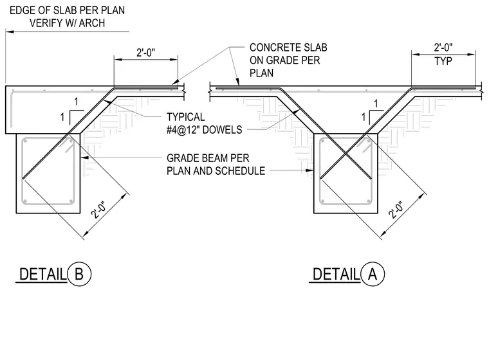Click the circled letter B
pos(79,274)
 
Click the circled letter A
pos(373,274)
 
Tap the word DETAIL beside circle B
pos(42,274)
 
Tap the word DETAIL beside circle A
pos(336,274)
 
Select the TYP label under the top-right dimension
pos(443,61)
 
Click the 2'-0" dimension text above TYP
pos(443,48)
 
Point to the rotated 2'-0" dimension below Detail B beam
pos(99,210)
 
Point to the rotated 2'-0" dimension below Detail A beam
pos(396,210)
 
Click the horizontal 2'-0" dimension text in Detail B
pos(145,52)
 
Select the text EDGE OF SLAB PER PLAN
pos(67,10)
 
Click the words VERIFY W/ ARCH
pos(67,23)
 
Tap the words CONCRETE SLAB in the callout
pos(288,48)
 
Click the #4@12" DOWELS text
pos(204,130)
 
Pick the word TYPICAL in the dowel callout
pos(185,117)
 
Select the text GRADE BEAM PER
pos(208,158)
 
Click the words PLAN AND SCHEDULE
pos(216,171)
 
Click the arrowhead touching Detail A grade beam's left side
pos(309,170)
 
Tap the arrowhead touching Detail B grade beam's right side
pos(84,157)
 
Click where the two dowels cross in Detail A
pos(346,154)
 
